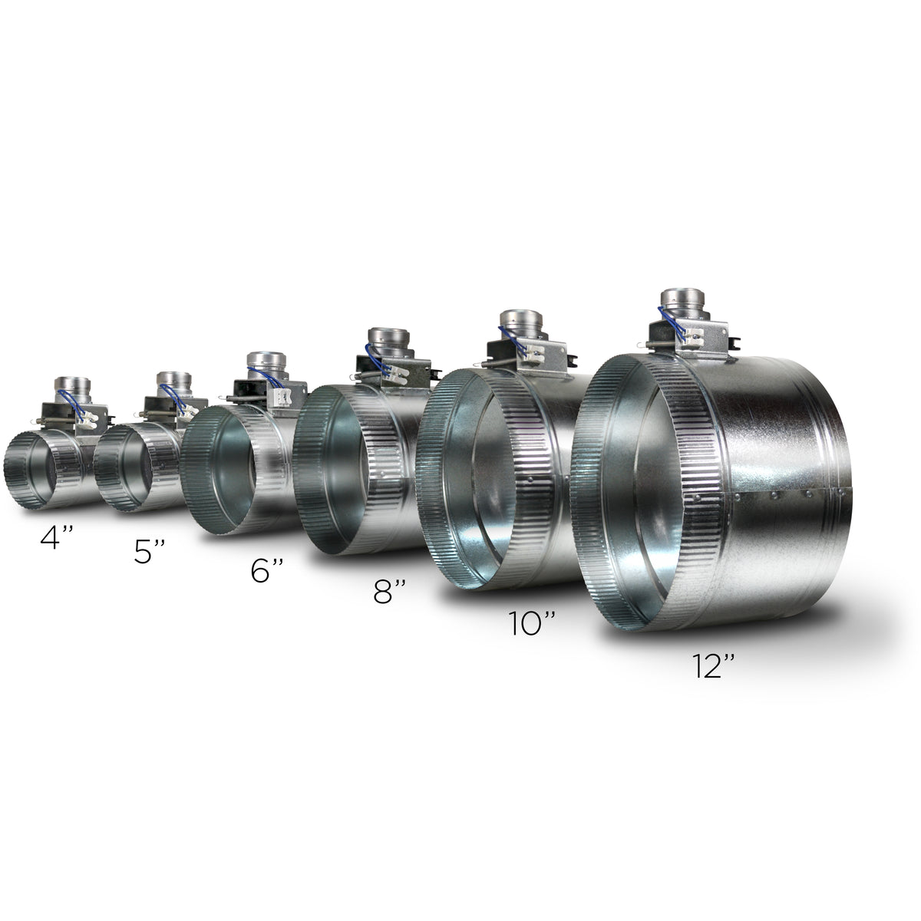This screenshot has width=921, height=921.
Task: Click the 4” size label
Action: (x=56, y=538)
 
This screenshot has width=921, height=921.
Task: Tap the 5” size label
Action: (x=150, y=552)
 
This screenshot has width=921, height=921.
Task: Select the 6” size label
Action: (x=267, y=571)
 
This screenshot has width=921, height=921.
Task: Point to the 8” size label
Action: (x=390, y=591)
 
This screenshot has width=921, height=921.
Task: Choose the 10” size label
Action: (x=532, y=623)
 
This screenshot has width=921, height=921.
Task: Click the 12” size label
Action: (x=713, y=666)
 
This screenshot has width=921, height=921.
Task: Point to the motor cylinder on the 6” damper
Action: (x=266, y=365)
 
